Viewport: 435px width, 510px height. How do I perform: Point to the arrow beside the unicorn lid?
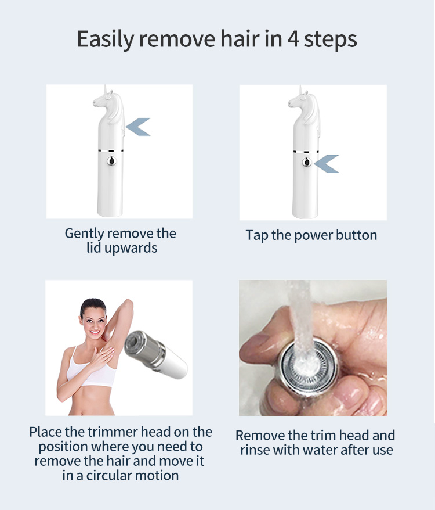pos(139,126)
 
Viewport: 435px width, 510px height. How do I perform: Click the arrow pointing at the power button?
pos(327,164)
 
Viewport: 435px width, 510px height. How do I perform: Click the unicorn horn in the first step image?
pos(106,91)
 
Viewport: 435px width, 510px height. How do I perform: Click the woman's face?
pos(93,319)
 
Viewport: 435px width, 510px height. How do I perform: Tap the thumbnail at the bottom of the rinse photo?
pos(360,401)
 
